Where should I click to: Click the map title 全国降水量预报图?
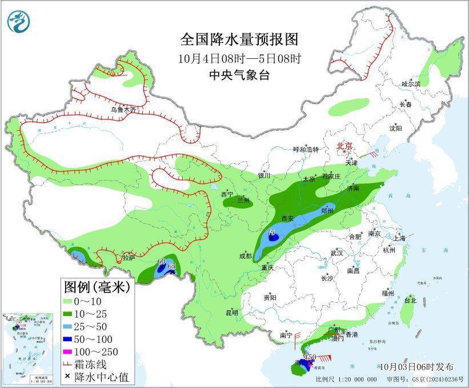[239, 39]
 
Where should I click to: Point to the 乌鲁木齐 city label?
[124, 109]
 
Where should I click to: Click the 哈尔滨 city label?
[410, 84]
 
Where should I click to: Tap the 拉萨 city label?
[128, 258]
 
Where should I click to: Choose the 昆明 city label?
[231, 312]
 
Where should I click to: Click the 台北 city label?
[410, 300]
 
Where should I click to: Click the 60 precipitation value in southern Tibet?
[162, 262]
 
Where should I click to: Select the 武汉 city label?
[337, 253]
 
